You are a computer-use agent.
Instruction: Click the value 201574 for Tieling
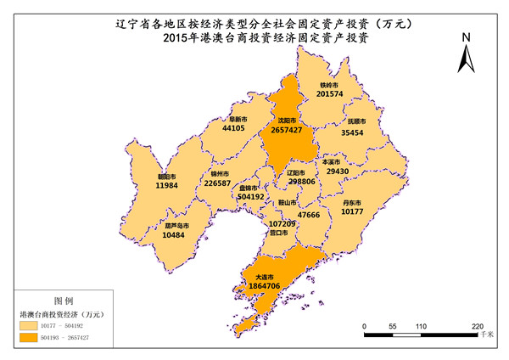pyautogui.click(x=329, y=94)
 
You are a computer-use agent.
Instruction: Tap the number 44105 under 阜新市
pyautogui.click(x=234, y=128)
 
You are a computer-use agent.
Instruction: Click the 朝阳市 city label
pyautogui.click(x=166, y=177)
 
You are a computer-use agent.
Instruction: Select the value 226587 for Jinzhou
pyautogui.click(x=218, y=183)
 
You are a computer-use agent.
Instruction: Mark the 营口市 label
pyautogui.click(x=279, y=232)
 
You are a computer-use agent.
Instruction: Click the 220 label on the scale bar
pyautogui.click(x=478, y=326)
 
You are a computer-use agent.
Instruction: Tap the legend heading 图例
pyautogui.click(x=64, y=301)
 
